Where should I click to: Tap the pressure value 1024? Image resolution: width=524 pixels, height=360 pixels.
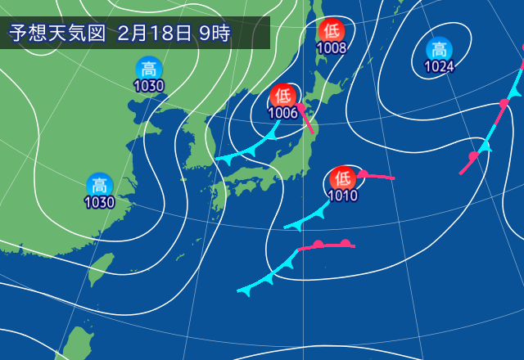pyautogui.click(x=440, y=66)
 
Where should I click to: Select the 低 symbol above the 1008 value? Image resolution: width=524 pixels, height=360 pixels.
pyautogui.click(x=332, y=30)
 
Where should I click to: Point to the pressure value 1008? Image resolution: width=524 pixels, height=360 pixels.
pyautogui.click(x=332, y=47)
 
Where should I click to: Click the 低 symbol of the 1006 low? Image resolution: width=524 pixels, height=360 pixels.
pyautogui.click(x=283, y=96)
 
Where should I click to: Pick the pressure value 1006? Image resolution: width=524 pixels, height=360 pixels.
pyautogui.click(x=283, y=113)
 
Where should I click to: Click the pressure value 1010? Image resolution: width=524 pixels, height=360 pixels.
pyautogui.click(x=341, y=196)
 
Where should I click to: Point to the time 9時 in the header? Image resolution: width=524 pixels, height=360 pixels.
pyautogui.click(x=215, y=34)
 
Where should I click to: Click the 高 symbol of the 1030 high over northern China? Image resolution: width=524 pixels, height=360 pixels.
pyautogui.click(x=148, y=69)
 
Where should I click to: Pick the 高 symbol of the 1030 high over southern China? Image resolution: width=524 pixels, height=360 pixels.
pyautogui.click(x=99, y=185)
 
